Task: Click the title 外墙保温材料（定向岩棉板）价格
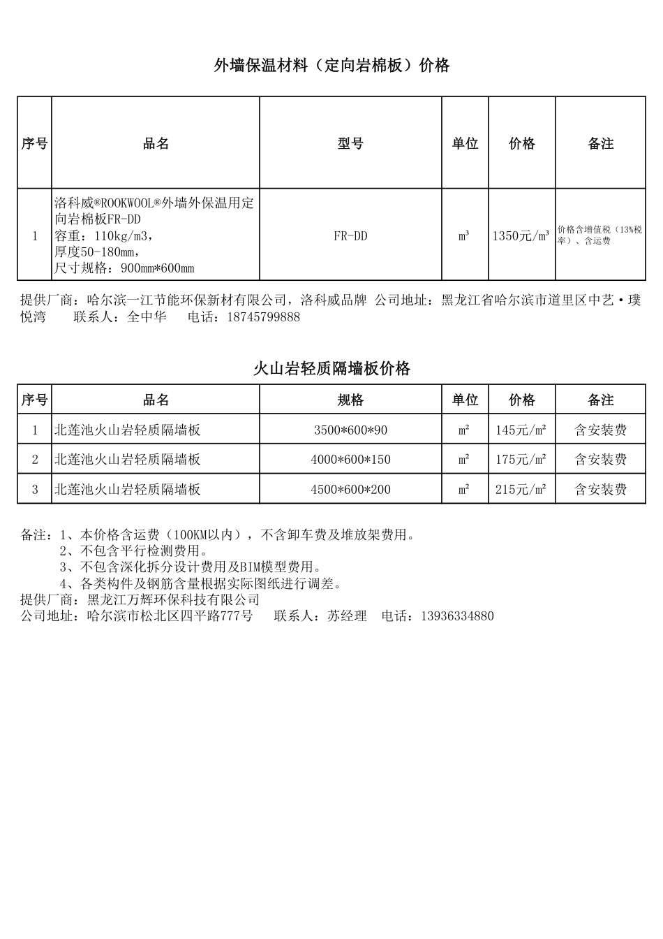click(331, 66)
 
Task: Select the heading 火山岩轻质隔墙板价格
click(331, 369)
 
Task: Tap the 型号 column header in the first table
click(350, 143)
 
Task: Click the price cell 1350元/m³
click(521, 236)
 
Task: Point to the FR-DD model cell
click(350, 236)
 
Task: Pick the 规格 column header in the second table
click(350, 400)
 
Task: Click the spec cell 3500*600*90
click(350, 430)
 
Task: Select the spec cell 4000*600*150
click(350, 460)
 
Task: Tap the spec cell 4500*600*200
click(350, 490)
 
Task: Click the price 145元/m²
click(521, 430)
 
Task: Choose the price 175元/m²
click(521, 460)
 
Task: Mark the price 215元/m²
click(521, 490)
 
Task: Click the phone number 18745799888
click(260, 317)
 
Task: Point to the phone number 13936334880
click(458, 616)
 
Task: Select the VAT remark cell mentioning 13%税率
click(599, 235)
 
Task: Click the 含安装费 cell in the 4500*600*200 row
click(600, 490)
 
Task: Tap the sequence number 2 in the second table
click(35, 460)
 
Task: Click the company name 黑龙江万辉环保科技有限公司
click(173, 600)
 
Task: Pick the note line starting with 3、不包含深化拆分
click(190, 567)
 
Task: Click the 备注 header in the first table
click(600, 143)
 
